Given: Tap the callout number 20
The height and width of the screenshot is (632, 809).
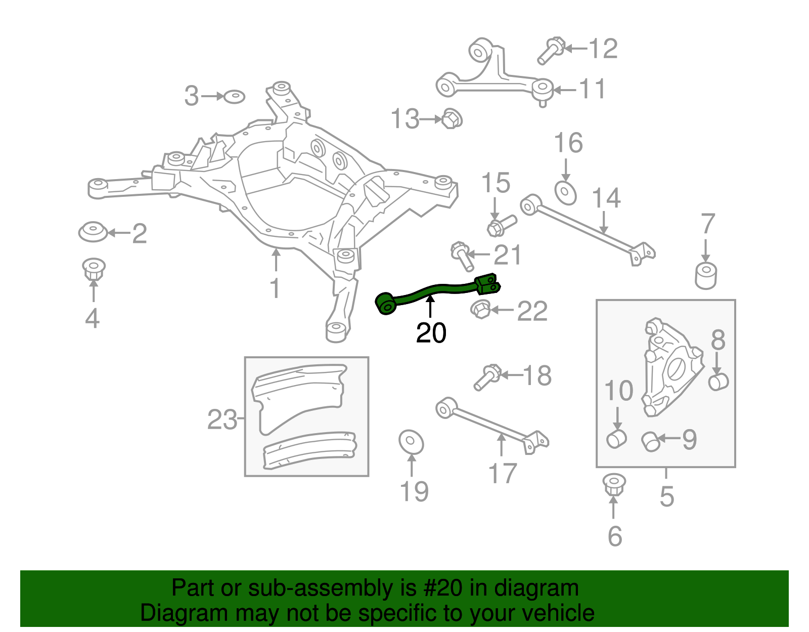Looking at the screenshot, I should coord(431,333).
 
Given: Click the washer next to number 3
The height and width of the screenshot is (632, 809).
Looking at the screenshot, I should coord(234,96).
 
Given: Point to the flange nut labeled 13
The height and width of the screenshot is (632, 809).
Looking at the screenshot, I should coord(452,119).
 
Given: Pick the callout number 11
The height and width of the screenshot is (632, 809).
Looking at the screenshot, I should coord(592,90).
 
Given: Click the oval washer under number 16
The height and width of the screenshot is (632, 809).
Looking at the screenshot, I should coord(565,193).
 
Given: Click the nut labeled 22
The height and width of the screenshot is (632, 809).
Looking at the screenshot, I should coord(480,309).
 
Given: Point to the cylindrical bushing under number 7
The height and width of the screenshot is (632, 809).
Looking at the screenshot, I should coord(705,275).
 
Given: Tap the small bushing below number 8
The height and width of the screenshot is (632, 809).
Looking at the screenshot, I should coord(718,382).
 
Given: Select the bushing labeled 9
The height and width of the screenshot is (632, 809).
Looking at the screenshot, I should coord(651,441).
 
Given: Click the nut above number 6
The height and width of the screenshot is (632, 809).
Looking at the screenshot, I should coord(614,485).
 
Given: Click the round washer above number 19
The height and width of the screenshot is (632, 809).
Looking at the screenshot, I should coord(411,442).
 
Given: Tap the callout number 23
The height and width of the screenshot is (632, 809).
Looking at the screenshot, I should coord(222,419).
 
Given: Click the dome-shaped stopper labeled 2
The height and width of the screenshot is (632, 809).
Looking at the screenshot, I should coord(93,232).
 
